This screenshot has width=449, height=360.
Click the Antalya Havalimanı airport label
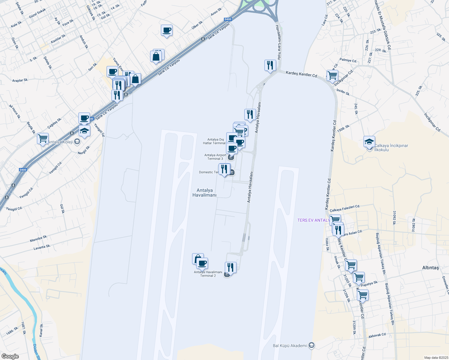tap(204, 193)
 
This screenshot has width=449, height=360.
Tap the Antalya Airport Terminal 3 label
tap(215, 157)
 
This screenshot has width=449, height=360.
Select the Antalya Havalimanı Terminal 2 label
tap(208, 274)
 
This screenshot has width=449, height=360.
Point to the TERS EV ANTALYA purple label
tap(313, 220)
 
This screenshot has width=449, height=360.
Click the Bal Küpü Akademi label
tap(290, 346)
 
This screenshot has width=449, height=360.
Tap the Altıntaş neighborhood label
tap(430, 268)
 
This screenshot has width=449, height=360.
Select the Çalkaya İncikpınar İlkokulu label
tap(391, 148)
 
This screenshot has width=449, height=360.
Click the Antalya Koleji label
tap(60, 142)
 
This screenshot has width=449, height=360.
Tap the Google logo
tap(10, 356)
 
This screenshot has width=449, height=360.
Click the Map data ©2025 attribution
tap(436, 358)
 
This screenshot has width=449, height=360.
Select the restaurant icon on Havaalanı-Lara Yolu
tap(270, 65)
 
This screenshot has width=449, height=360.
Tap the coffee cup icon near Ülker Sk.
tap(167, 30)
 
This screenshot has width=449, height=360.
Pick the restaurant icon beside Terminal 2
tap(231, 267)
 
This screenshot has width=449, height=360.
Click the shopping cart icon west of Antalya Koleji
tap(43, 139)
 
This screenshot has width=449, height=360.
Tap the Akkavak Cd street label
tap(377, 335)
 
